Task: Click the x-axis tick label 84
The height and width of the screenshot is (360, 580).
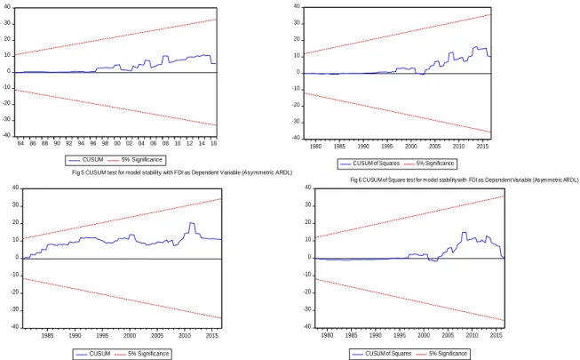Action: [20, 143]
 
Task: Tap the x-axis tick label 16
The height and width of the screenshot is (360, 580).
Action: [213, 143]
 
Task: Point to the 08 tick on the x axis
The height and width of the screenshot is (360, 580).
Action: [165, 143]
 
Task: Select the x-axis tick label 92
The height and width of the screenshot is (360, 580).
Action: [68, 143]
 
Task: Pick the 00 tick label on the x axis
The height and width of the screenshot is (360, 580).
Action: [117, 143]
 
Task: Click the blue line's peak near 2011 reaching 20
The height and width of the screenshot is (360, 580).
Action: [191, 222]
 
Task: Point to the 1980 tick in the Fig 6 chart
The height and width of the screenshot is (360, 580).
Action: [315, 147]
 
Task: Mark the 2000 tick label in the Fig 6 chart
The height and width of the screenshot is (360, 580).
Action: [411, 147]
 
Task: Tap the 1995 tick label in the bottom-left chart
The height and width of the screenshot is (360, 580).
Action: [102, 336]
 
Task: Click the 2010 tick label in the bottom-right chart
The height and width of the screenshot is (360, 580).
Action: [472, 336]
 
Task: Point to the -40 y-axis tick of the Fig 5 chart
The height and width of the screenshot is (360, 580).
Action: [7, 135]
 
